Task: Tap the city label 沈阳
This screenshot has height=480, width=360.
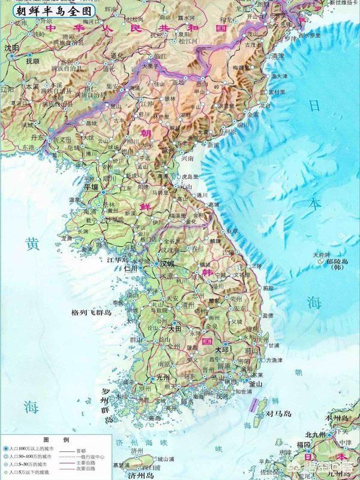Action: click(x=11, y=48)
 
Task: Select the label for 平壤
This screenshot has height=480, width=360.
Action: click(x=90, y=187)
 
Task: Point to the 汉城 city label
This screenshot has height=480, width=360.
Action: click(x=167, y=263)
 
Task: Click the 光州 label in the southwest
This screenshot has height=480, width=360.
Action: click(x=163, y=377)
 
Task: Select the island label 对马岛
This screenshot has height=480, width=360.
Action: click(x=279, y=414)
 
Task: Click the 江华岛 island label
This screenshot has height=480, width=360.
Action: click(x=118, y=260)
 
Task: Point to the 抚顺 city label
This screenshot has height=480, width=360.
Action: click(x=32, y=61)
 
